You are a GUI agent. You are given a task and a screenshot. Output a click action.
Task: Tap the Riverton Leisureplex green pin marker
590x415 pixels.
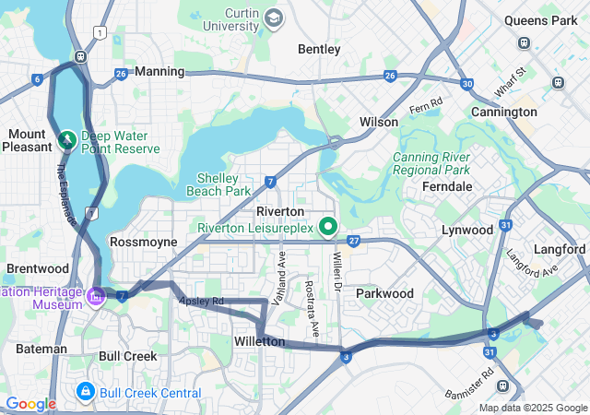327,226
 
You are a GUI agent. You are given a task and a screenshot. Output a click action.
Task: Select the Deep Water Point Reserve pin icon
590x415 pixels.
67,140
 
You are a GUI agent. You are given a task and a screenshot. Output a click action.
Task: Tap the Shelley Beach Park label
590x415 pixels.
223,184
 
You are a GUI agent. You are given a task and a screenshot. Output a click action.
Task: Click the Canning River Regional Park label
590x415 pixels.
431,163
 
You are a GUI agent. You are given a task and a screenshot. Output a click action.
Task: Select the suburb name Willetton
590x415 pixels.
259,341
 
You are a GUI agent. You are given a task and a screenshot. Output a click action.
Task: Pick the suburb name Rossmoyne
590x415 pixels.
143,241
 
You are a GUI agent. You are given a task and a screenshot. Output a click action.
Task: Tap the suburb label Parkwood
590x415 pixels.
384,293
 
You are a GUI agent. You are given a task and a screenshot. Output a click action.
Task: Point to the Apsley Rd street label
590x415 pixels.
202,302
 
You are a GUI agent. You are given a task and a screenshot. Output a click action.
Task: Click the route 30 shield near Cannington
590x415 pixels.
468,84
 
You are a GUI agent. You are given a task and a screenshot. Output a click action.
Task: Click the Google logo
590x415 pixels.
30,404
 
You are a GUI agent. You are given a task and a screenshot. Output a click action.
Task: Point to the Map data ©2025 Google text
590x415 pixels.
533,409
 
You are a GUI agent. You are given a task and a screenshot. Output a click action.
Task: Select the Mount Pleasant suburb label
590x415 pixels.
28,140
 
